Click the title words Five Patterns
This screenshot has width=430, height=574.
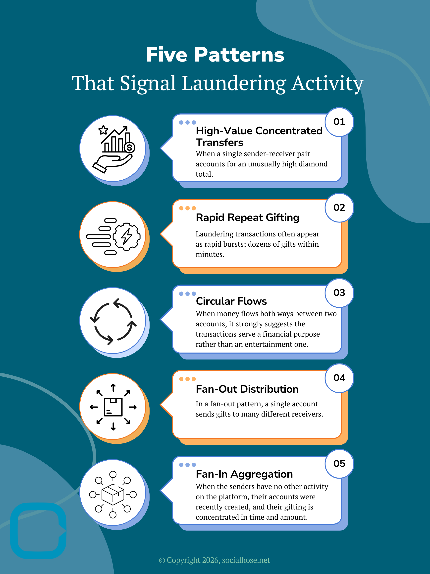(215, 55)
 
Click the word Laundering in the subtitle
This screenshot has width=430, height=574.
(234, 83)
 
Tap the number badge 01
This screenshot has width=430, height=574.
(339, 122)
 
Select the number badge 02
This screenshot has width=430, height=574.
(339, 208)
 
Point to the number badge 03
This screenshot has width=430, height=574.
(339, 293)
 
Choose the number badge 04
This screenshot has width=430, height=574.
(339, 378)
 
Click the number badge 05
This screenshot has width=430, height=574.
(339, 464)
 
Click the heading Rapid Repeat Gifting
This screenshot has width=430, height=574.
(248, 217)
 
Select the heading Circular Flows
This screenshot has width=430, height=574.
(231, 301)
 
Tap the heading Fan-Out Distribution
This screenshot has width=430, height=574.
(247, 389)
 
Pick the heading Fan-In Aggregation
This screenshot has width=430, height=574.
(244, 474)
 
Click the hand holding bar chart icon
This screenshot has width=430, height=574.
(114, 149)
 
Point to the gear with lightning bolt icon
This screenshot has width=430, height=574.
(113, 236)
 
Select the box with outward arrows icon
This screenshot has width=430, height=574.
(113, 407)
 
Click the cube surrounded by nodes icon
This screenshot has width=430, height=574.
(113, 495)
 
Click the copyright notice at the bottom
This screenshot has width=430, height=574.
(215, 560)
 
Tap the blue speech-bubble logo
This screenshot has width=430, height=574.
(38, 531)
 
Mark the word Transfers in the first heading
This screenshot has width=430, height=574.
(219, 143)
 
